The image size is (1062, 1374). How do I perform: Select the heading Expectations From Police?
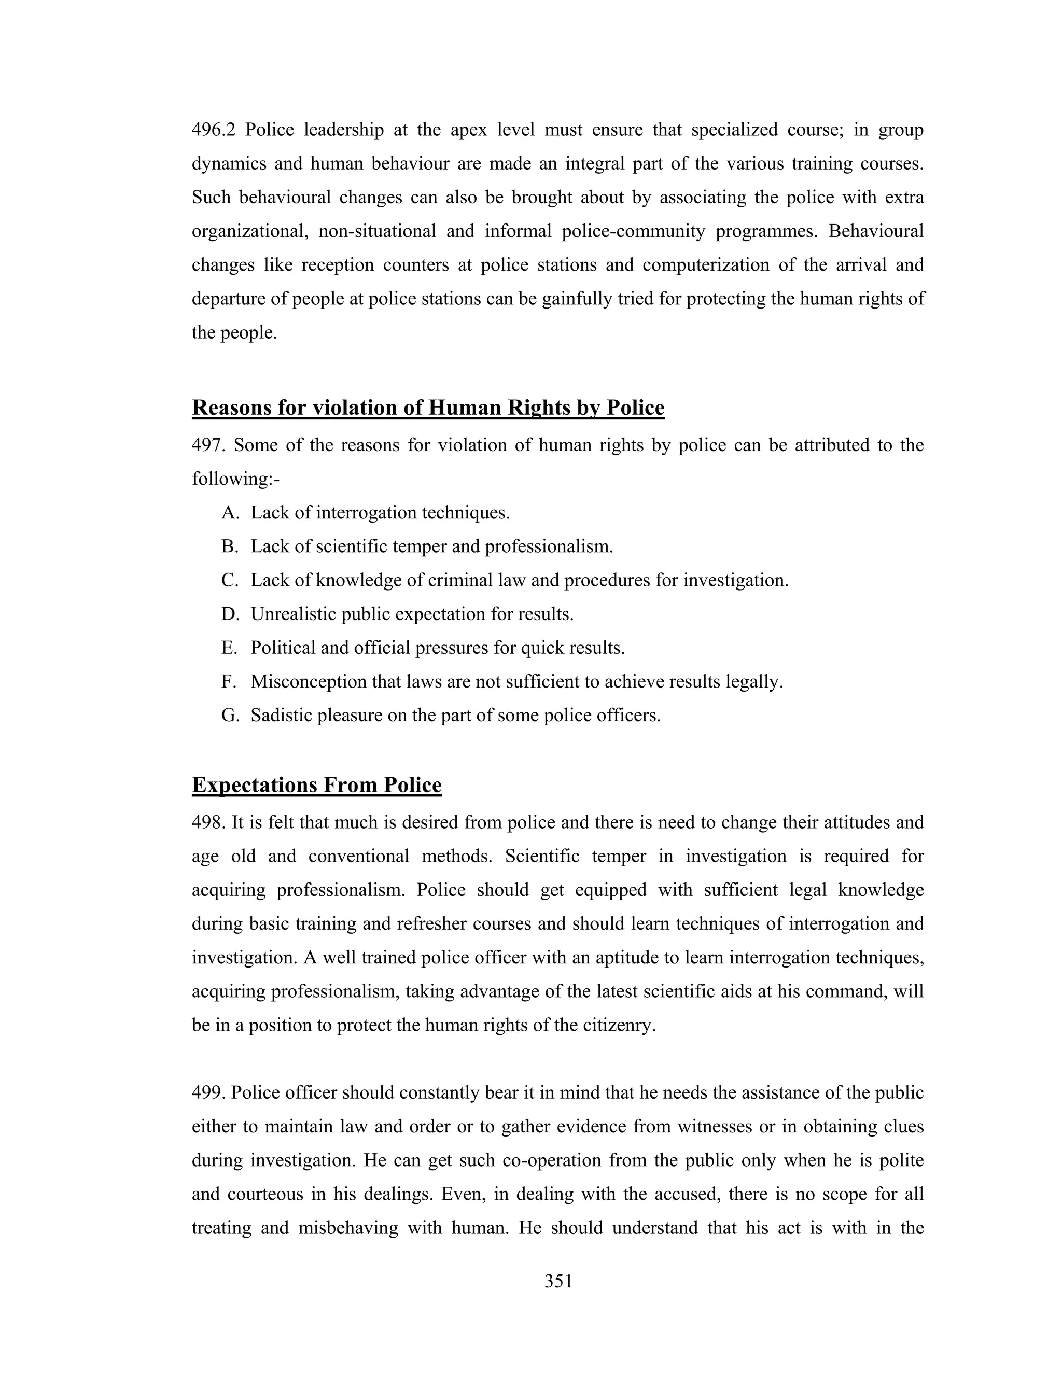tap(316, 785)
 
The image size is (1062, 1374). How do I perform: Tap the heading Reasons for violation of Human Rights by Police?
tap(428, 408)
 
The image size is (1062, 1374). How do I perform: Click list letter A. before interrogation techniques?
tap(230, 513)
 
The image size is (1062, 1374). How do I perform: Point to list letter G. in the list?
tap(230, 716)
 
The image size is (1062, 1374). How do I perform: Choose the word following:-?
tap(235, 480)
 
